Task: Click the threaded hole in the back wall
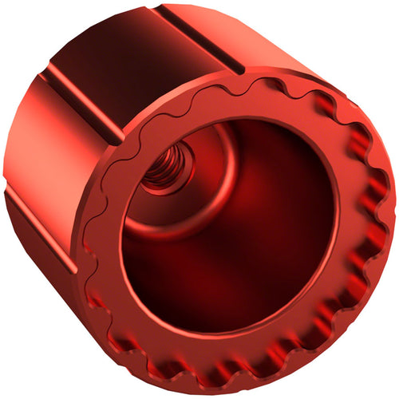165,169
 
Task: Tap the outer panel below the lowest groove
48,271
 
